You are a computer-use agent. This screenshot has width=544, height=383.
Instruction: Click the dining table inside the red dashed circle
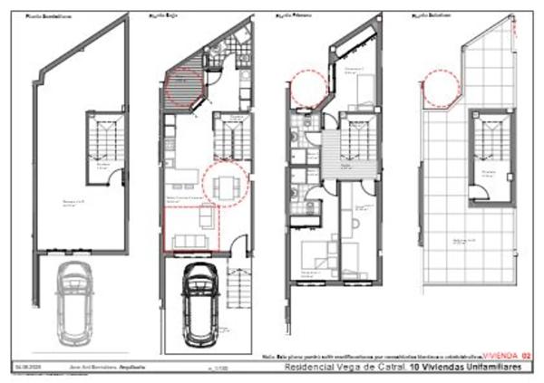point(224,187)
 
